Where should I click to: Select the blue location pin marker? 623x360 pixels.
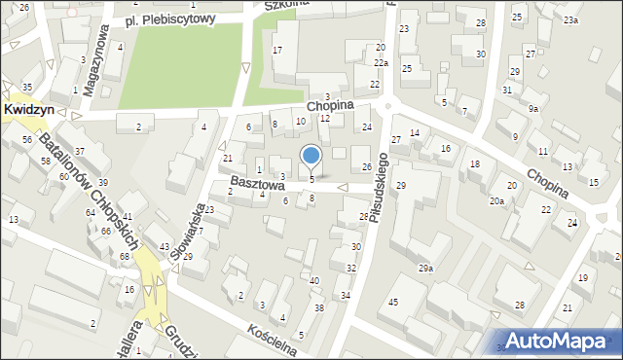pyautogui.click(x=311, y=156)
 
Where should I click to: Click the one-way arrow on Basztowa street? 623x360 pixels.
pyautogui.click(x=342, y=187)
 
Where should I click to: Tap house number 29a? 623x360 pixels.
pyautogui.click(x=425, y=268)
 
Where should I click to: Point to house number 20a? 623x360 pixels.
pyautogui.click(x=496, y=201)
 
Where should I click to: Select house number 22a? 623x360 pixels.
pyautogui.click(x=381, y=62)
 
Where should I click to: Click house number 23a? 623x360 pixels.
pyautogui.click(x=569, y=20)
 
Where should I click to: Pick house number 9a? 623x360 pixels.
pyautogui.click(x=532, y=109)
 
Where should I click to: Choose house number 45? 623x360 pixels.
pyautogui.click(x=393, y=303)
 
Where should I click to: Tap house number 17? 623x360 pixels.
pyautogui.click(x=277, y=50)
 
